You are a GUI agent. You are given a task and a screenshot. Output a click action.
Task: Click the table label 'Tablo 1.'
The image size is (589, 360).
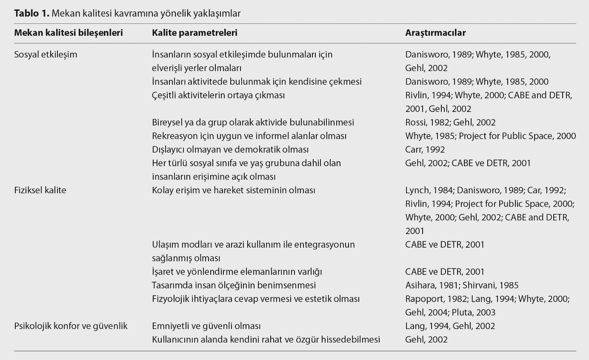32,13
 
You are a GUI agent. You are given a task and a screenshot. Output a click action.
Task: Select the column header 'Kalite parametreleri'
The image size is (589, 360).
194,33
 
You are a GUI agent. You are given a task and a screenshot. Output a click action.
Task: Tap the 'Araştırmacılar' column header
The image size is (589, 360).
435,33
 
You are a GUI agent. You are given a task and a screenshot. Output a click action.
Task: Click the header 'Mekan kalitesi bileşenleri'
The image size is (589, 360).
69,33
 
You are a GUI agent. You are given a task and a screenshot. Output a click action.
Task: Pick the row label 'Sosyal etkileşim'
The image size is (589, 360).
46,54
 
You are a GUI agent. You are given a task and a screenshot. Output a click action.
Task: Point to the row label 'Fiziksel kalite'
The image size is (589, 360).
40,190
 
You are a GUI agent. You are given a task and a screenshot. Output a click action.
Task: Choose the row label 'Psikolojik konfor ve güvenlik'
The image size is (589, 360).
71,326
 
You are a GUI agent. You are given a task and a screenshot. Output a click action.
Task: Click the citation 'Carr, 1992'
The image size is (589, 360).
425,149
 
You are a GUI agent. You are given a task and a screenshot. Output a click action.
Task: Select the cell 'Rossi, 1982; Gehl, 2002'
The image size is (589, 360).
450,122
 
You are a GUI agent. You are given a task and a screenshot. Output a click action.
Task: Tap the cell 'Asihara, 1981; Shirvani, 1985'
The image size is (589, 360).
462,285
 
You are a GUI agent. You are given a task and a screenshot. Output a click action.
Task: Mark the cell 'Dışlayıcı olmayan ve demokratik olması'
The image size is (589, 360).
230,149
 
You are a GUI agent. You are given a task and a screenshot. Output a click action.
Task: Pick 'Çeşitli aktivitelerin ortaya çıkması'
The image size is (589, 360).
218,95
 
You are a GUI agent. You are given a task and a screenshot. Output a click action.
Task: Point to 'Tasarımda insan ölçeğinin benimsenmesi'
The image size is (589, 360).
234,285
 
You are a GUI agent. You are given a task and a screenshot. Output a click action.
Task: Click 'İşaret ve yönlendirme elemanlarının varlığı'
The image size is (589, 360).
240,271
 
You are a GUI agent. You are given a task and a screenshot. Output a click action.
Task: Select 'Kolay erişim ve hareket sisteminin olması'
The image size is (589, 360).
233,190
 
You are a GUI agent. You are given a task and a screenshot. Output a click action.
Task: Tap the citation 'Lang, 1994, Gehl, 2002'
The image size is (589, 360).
450,326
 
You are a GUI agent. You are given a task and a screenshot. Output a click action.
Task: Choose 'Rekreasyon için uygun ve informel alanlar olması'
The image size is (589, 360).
249,136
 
